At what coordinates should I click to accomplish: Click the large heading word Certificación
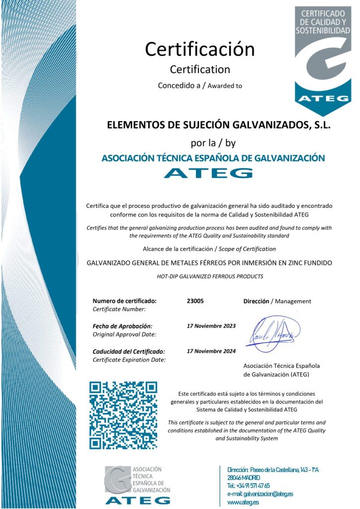(x=199, y=49)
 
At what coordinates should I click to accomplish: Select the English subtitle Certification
(x=200, y=69)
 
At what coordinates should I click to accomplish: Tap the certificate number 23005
(x=195, y=301)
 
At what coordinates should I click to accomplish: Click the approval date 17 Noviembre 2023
(x=211, y=326)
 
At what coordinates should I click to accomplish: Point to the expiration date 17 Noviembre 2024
(x=211, y=351)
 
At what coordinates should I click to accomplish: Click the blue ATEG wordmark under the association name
(x=208, y=173)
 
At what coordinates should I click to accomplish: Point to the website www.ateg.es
(x=243, y=503)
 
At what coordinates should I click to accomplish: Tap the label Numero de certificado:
(x=124, y=301)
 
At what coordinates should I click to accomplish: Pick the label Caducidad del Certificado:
(x=129, y=351)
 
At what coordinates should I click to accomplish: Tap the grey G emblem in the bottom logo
(x=117, y=479)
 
